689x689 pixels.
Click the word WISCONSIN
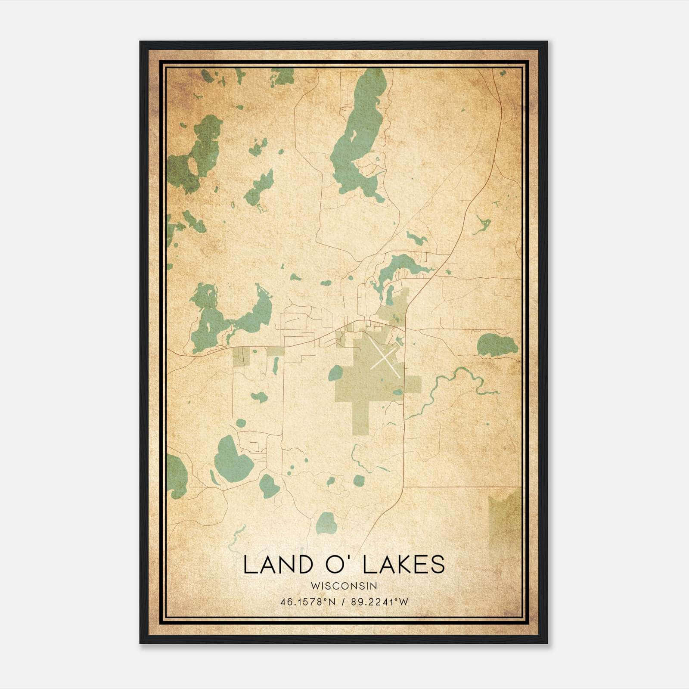point(344,586)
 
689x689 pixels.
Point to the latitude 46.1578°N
point(307,602)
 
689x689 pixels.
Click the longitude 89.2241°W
point(379,602)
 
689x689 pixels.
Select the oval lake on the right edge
point(497,345)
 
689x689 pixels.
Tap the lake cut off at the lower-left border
point(175,476)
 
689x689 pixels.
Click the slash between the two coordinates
point(344,602)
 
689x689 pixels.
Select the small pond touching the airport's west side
point(336,373)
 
